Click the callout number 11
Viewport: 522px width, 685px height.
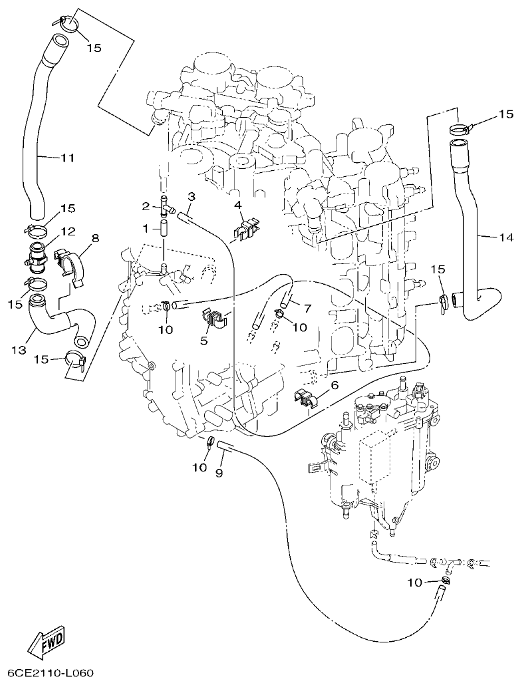coord(67,158)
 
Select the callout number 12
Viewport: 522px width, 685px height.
coord(68,231)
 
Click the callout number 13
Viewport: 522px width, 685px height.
coord(19,348)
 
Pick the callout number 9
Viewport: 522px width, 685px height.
coord(219,472)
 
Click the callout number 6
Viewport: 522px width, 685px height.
coord(334,385)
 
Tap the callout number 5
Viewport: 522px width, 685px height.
coord(204,341)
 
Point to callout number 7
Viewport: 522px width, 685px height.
coord(307,307)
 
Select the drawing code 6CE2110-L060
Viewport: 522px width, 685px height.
coord(47,672)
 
